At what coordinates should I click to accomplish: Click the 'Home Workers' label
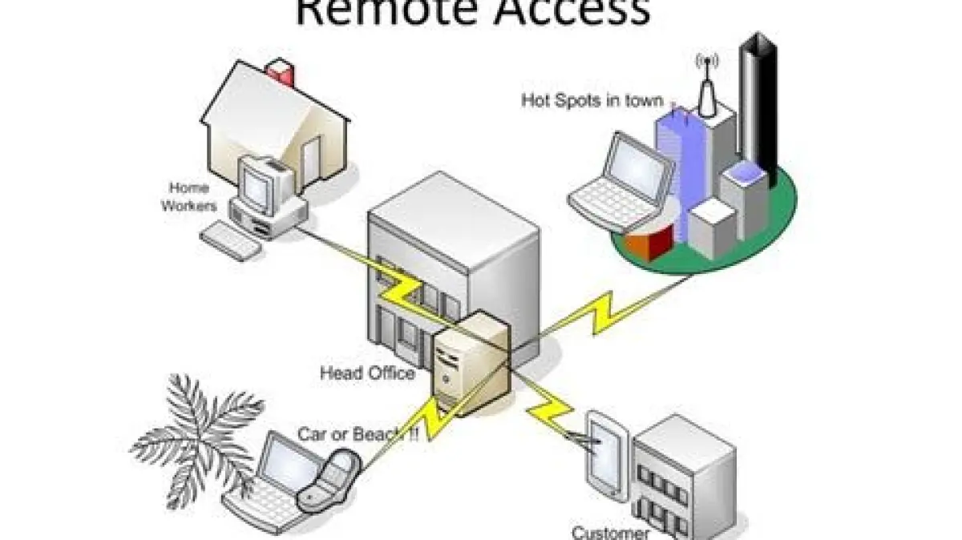[x=189, y=197]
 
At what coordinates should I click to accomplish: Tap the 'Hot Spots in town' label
[x=592, y=101]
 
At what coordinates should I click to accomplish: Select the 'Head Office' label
[x=367, y=373]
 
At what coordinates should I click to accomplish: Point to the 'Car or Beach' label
[x=358, y=435]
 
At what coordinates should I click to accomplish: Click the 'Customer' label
[x=611, y=532]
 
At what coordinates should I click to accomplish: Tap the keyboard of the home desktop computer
[x=230, y=239]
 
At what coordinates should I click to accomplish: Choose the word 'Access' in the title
[x=561, y=12]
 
